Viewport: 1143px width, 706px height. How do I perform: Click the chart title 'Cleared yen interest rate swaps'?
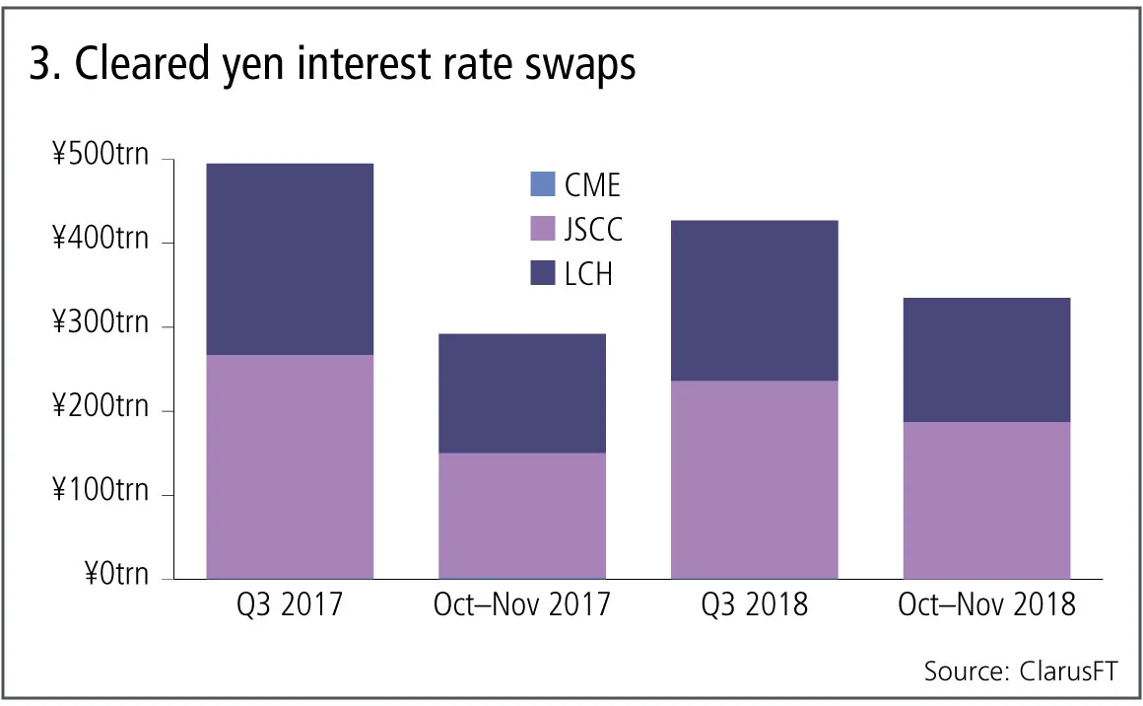[x=333, y=66]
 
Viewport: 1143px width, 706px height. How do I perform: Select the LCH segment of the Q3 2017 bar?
[x=290, y=259]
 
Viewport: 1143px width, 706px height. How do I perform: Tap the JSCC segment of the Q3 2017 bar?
[x=290, y=466]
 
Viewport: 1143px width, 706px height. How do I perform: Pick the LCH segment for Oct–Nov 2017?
[x=522, y=393]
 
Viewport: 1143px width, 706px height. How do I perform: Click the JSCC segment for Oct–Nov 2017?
[x=522, y=515]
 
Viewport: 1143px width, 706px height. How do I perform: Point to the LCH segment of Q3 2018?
[x=755, y=301]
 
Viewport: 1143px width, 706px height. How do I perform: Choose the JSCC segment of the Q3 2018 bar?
[x=755, y=479]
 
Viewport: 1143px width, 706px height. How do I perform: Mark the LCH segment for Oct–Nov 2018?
[x=986, y=360]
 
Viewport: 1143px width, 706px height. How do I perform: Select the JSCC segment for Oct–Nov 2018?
[x=986, y=500]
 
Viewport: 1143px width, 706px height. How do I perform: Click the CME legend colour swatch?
[x=543, y=184]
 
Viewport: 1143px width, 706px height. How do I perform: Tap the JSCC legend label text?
[x=594, y=230]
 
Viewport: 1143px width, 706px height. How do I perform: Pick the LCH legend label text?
[x=589, y=274]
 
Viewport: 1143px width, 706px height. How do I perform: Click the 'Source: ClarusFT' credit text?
[x=1020, y=671]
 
